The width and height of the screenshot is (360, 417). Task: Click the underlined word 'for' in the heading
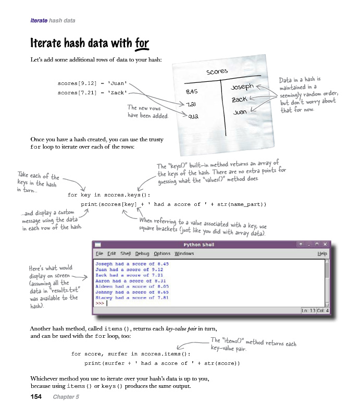tap(142, 42)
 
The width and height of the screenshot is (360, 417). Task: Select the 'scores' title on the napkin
tap(217, 71)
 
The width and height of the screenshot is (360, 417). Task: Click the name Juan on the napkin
tap(240, 112)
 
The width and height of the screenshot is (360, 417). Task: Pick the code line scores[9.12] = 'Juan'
tap(92, 83)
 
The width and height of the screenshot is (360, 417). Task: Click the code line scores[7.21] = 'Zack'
tap(92, 93)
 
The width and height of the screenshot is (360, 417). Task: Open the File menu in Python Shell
tap(100, 254)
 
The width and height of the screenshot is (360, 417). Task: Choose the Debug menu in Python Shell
tap(142, 254)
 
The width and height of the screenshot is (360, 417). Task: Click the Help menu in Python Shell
tap(322, 254)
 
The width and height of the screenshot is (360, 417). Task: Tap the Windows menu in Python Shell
tap(184, 254)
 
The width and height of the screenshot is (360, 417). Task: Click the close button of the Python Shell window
tap(325, 244)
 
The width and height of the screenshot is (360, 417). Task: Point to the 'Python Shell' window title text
tap(200, 244)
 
